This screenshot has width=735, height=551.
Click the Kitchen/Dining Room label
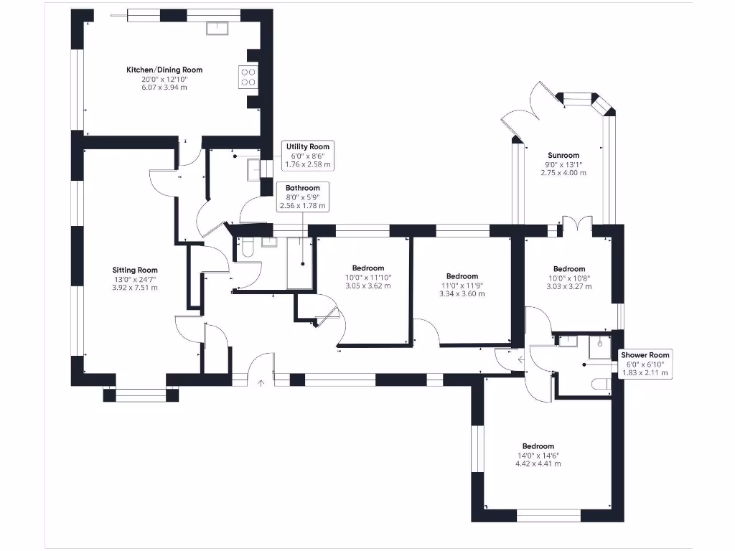coord(164,70)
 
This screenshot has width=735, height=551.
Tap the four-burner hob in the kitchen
coord(248,77)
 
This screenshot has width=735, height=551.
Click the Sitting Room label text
coord(134,270)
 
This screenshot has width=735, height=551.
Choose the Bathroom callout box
coord(302,197)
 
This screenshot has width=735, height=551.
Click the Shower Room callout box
coord(645,364)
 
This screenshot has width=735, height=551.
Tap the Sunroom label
coord(563,155)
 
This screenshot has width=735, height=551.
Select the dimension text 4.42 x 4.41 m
coord(538,463)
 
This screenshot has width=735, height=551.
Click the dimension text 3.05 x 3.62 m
coord(368,286)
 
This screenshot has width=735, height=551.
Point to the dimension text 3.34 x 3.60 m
coord(462,293)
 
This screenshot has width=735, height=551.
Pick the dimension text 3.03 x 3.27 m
coord(568,286)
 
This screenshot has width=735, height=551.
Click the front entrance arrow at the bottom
coord(261,382)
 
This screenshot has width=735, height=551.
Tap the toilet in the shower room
coord(599,385)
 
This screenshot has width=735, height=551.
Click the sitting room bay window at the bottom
coord(141,393)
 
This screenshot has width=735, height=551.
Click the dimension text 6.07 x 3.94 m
coord(164,87)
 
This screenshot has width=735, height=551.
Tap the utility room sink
coord(253,170)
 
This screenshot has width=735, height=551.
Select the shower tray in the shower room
coord(599,347)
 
